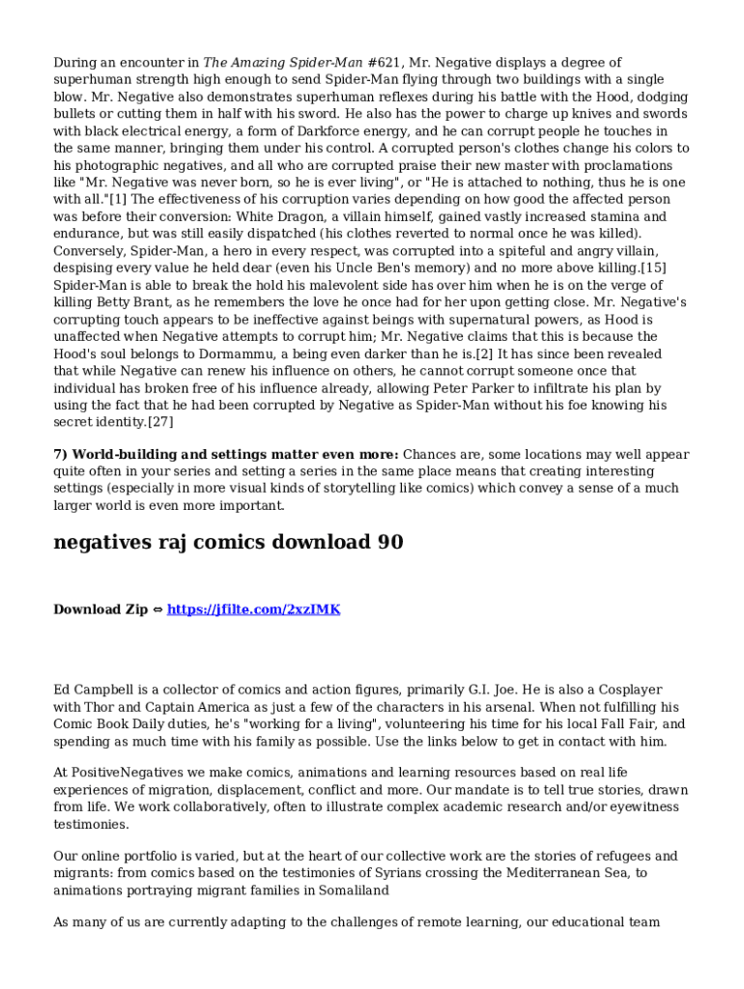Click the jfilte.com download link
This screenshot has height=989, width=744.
coord(253,609)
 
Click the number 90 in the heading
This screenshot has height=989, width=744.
coord(389,543)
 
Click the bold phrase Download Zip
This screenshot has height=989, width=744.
coord(100,609)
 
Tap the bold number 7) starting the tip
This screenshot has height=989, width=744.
coord(61,455)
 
